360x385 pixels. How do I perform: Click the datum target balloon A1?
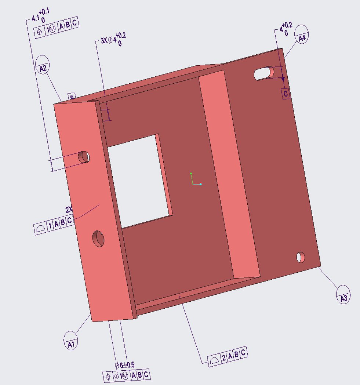coord(71,340)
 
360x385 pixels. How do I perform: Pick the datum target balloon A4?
coord(302,34)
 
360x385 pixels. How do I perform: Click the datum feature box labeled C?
coord(286,94)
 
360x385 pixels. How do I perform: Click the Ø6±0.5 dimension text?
coord(124,365)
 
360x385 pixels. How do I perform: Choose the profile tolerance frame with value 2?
coord(227,356)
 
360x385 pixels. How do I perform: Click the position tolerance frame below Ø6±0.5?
coord(127,375)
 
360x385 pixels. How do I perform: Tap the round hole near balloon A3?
coord(301,257)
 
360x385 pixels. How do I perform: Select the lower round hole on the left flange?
coord(98,239)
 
